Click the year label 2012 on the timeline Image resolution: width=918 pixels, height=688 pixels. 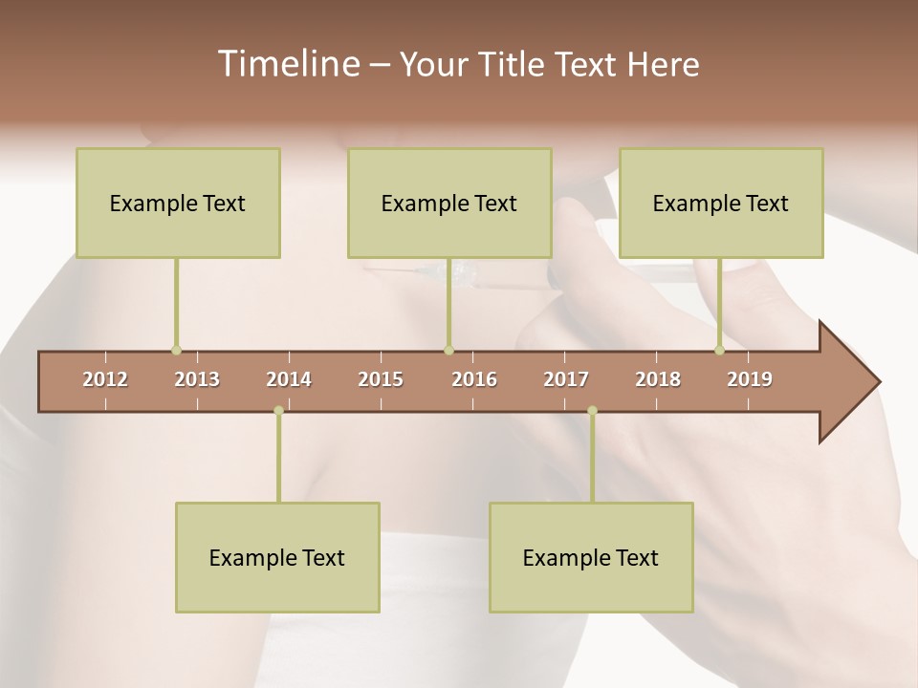pyautogui.click(x=105, y=379)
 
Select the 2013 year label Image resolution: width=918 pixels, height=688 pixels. pyautogui.click(x=197, y=379)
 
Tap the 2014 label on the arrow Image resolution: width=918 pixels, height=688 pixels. pyautogui.click(x=289, y=379)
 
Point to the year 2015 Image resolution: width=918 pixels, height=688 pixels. pyautogui.click(x=381, y=379)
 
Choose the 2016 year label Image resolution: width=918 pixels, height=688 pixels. pyautogui.click(x=474, y=379)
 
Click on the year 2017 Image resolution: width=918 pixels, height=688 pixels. pyautogui.click(x=566, y=379)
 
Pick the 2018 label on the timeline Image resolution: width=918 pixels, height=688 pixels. pyautogui.click(x=658, y=379)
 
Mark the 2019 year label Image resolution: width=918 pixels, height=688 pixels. pyautogui.click(x=750, y=379)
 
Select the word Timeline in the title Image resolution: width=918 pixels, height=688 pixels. pyautogui.click(x=286, y=64)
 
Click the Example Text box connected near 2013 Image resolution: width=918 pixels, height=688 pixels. pyautogui.click(x=178, y=203)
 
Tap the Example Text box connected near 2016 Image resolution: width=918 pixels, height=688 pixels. pyautogui.click(x=449, y=203)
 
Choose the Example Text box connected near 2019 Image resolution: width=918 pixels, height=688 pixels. pyautogui.click(x=721, y=203)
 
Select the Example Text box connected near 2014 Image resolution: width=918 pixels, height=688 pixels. pyautogui.click(x=277, y=557)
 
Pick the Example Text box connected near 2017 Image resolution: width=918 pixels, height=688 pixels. pyautogui.click(x=591, y=557)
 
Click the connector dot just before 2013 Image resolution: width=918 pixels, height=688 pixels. pyautogui.click(x=176, y=351)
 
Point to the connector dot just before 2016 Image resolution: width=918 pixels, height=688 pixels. pyautogui.click(x=448, y=351)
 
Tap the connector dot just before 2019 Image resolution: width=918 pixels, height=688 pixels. pyautogui.click(x=720, y=351)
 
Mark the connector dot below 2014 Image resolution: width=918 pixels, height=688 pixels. pyautogui.click(x=278, y=411)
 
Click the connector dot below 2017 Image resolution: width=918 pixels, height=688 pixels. pyautogui.click(x=592, y=411)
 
